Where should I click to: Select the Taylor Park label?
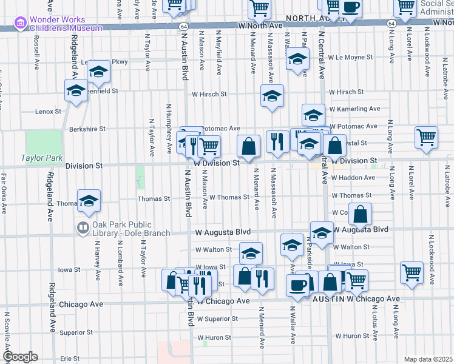pos(42,158)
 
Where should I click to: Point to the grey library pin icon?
pos(83,228)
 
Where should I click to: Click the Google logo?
pos(19,357)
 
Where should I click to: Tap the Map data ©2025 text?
pos(428,359)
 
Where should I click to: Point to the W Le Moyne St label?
pos(350,58)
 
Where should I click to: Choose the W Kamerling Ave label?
pos(354,109)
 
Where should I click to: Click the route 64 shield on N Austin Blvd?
pos(183,27)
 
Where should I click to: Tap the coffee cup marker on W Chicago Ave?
pos(297,286)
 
